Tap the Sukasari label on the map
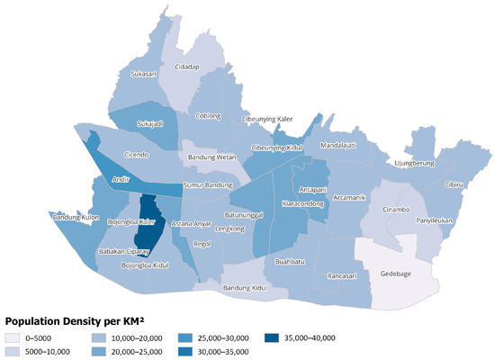pyautogui.click(x=145, y=74)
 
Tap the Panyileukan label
pyautogui.click(x=413, y=219)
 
